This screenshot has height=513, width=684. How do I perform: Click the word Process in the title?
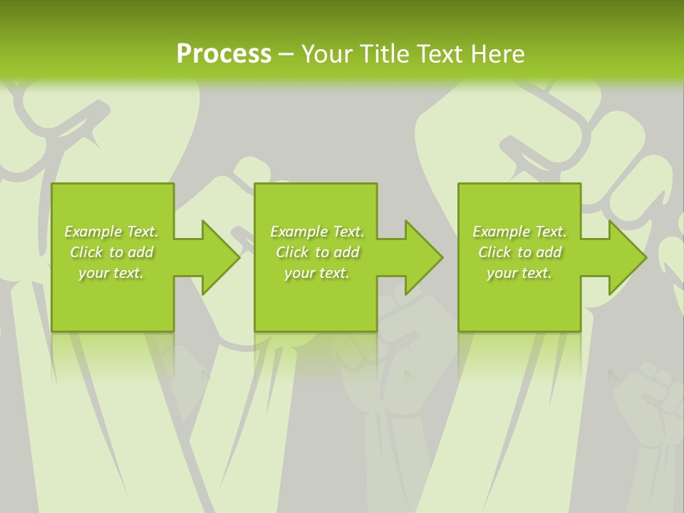click(224, 54)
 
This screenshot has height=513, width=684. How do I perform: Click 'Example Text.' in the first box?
click(111, 232)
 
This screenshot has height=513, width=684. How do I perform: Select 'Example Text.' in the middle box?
click(317, 232)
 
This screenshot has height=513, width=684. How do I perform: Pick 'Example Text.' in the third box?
click(519, 232)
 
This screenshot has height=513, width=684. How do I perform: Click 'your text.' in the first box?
click(111, 273)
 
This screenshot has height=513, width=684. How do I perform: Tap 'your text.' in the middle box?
click(317, 273)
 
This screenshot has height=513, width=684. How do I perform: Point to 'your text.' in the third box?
click(519, 273)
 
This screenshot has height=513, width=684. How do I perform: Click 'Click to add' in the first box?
click(111, 252)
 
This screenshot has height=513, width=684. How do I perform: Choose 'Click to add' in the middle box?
click(317, 252)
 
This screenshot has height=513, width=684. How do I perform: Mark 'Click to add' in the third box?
click(519, 252)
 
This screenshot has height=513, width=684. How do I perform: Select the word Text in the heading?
click(441, 54)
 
